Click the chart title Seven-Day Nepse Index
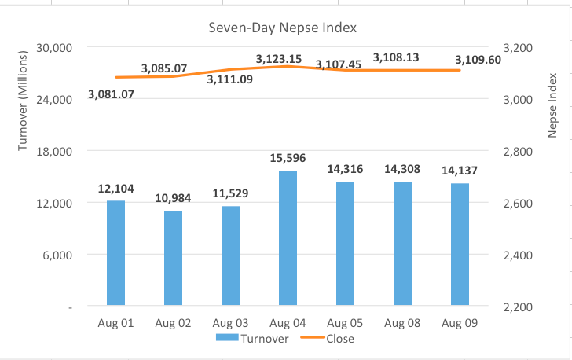coord(282,28)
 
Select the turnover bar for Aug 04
coord(288,237)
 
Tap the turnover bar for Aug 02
coord(173,258)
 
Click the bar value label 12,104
coord(115,189)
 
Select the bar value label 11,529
coord(230,193)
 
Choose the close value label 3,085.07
coord(164,69)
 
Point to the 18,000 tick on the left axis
coord(55,151)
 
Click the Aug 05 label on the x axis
coord(345,323)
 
